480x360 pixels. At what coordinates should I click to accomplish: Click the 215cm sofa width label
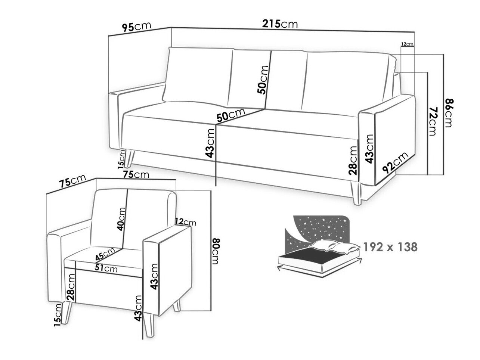pyautogui.click(x=280, y=24)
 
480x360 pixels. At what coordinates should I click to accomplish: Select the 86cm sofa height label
pyautogui.click(x=449, y=113)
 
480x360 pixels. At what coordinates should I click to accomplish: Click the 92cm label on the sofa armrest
pyautogui.click(x=395, y=162)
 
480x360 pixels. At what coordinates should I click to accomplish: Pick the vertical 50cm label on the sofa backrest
pyautogui.click(x=263, y=80)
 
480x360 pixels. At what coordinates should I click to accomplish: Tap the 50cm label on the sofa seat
pyautogui.click(x=231, y=115)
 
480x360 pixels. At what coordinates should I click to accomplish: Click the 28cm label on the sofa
pyautogui.click(x=353, y=160)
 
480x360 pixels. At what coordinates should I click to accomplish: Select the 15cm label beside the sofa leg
pyautogui.click(x=121, y=159)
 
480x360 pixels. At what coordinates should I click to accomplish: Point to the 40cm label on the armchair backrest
pyautogui.click(x=121, y=219)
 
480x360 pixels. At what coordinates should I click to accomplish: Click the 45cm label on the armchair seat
pyautogui.click(x=105, y=254)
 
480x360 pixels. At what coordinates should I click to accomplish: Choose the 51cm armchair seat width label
pyautogui.click(x=106, y=268)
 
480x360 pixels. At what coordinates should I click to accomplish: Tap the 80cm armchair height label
pyautogui.click(x=216, y=251)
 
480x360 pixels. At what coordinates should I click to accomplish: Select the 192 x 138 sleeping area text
pyautogui.click(x=390, y=247)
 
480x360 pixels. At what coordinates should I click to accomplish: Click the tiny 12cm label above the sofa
pyautogui.click(x=407, y=44)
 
